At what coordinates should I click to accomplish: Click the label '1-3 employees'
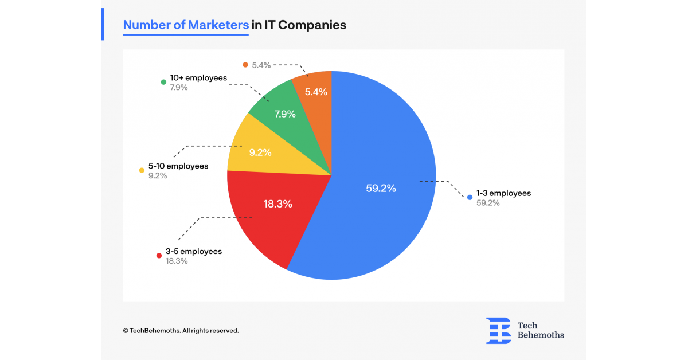tap(504, 193)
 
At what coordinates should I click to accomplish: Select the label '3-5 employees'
tap(194, 251)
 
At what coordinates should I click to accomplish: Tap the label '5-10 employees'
tap(178, 166)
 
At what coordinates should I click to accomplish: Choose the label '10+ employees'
tap(198, 77)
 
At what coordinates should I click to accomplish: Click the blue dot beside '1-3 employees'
tap(470, 197)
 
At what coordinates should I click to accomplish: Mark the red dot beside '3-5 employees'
tap(158, 255)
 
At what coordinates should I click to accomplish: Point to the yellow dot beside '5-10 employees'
tap(142, 170)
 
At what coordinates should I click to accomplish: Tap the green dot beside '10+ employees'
tap(163, 82)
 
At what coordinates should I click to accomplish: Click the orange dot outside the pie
tap(245, 65)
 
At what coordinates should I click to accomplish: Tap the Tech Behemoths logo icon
tap(498, 330)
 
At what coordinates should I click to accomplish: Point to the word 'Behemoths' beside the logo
tap(541, 335)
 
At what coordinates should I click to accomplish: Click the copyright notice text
tap(181, 331)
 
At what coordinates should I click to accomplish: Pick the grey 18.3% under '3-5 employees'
tap(177, 261)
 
